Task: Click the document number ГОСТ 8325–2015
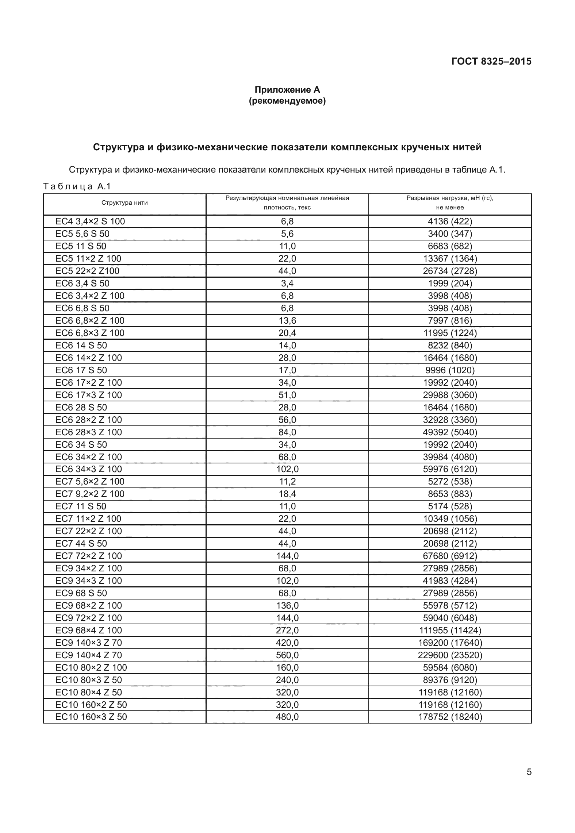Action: click(491, 61)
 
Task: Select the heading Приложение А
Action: click(287, 90)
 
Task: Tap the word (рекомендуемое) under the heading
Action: click(287, 101)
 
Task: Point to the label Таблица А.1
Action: click(77, 187)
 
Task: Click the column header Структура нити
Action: click(124, 203)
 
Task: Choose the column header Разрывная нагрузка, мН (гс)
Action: click(450, 198)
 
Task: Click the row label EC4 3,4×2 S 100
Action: click(90, 221)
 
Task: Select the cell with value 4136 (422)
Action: click(450, 221)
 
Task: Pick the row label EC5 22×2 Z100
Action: click(87, 271)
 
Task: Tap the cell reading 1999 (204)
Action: click(450, 283)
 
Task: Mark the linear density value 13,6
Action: click(287, 320)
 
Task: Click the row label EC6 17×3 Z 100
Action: click(88, 395)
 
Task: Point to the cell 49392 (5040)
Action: click(450, 432)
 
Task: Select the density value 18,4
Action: click(287, 494)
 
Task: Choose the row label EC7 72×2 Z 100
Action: click(88, 556)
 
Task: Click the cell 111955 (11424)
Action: click(450, 630)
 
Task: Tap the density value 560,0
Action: click(287, 655)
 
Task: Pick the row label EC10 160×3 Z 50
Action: click(91, 717)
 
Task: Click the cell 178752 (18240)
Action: click(450, 717)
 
